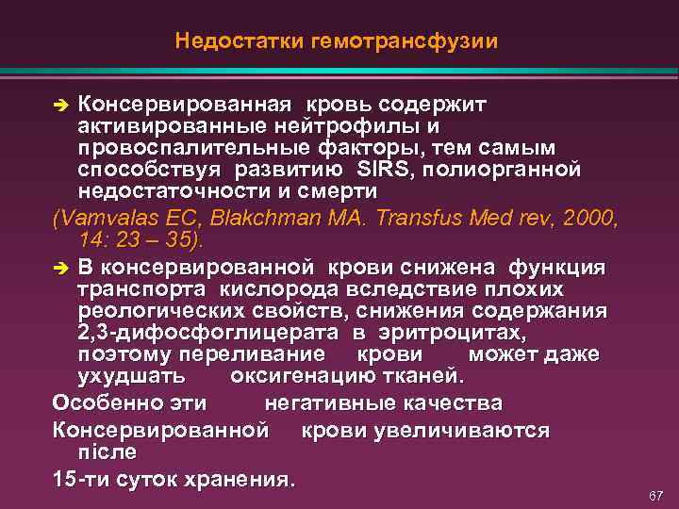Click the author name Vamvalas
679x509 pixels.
click(100, 218)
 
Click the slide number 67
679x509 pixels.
click(656, 495)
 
